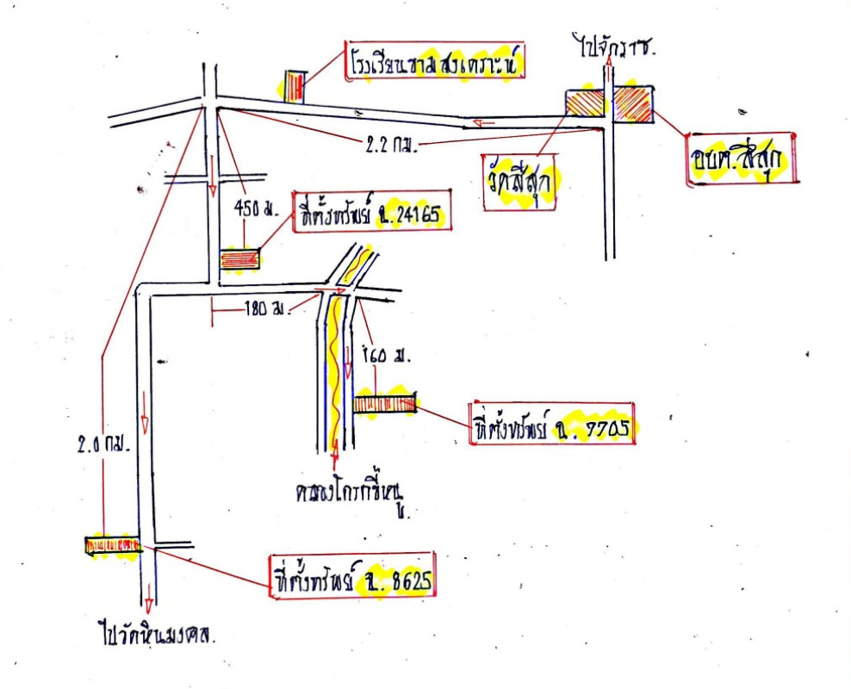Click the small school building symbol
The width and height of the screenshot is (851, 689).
[x=295, y=85]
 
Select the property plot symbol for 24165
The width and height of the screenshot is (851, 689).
[x=239, y=259]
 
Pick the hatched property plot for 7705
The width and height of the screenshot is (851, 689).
[x=385, y=403]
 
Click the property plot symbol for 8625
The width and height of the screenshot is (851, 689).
[x=112, y=545]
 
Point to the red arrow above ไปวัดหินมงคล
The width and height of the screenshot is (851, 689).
[x=148, y=593]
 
